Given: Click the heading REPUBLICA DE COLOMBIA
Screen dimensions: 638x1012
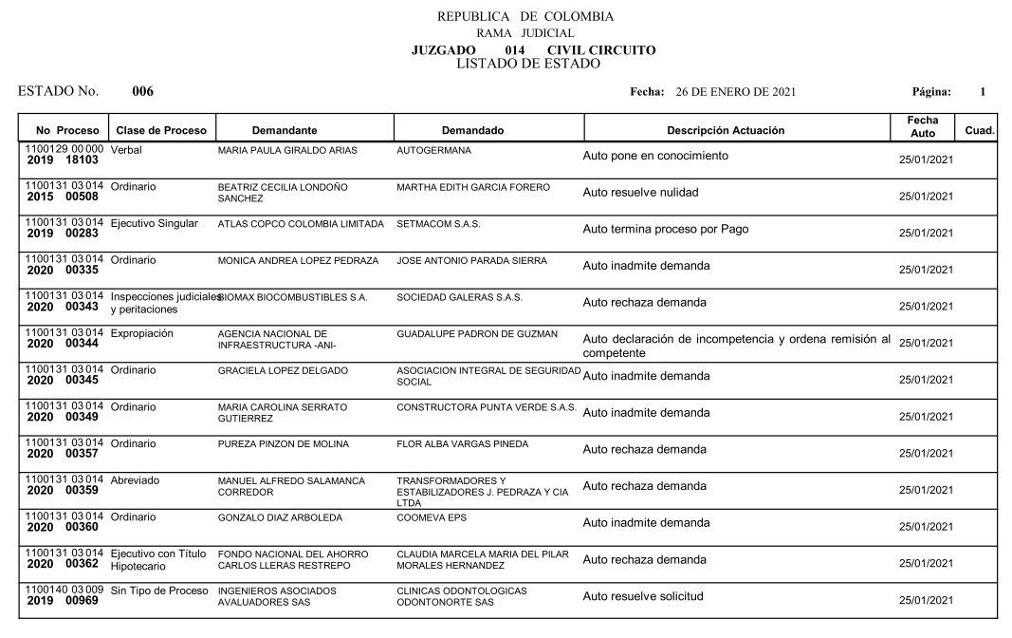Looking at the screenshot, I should point(524,16).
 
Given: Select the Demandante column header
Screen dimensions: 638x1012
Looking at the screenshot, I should point(285,130).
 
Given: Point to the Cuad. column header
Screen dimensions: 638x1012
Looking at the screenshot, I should point(979,129).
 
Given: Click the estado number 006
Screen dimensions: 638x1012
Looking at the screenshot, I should point(143,91).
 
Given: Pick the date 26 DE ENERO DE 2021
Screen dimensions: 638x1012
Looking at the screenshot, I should point(736,92).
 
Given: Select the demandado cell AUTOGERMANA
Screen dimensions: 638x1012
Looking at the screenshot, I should point(433,151).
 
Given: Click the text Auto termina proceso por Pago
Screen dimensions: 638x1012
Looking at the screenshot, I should point(666,229).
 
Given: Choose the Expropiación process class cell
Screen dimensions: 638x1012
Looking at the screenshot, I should point(142,334).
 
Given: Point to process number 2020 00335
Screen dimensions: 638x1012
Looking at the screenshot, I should point(64,269).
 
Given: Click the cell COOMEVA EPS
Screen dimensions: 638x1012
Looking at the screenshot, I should point(432,518).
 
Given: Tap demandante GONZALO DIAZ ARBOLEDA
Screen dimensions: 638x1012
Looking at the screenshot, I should point(280,518).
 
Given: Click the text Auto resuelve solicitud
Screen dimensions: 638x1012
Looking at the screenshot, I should point(643,595).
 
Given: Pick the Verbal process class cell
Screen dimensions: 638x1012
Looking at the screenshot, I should point(127,151).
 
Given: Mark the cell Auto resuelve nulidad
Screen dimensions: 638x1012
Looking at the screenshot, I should point(640,192).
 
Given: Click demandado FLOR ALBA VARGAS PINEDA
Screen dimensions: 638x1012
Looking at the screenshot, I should point(463,444).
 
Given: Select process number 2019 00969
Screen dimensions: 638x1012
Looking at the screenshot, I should point(64,600).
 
